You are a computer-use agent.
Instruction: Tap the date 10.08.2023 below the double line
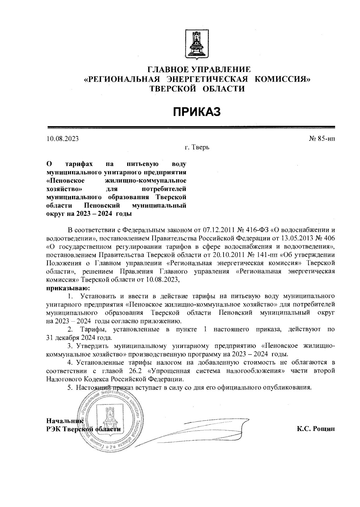pyautogui.click(x=63, y=139)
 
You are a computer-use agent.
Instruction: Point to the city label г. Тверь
pyautogui.click(x=197, y=148)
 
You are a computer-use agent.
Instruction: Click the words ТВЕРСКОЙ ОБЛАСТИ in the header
pyautogui.click(x=197, y=89)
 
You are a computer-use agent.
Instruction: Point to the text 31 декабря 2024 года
pyautogui.click(x=79, y=337)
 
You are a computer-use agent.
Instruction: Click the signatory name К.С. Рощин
pyautogui.click(x=316, y=429)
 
